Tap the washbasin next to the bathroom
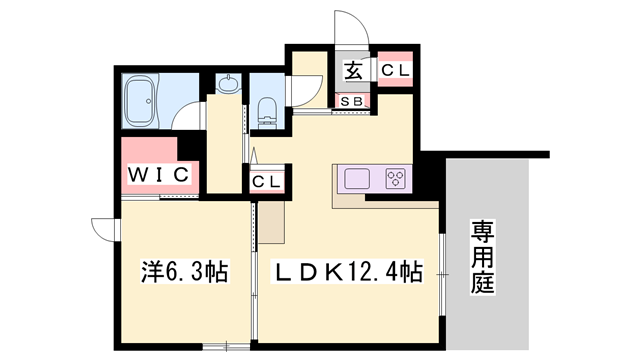coord(229,86)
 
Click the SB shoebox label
coord(353,100)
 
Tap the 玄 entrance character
coord(353,71)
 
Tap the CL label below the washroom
coord(264,183)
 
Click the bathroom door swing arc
coord(187,116)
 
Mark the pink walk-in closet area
coord(159,165)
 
